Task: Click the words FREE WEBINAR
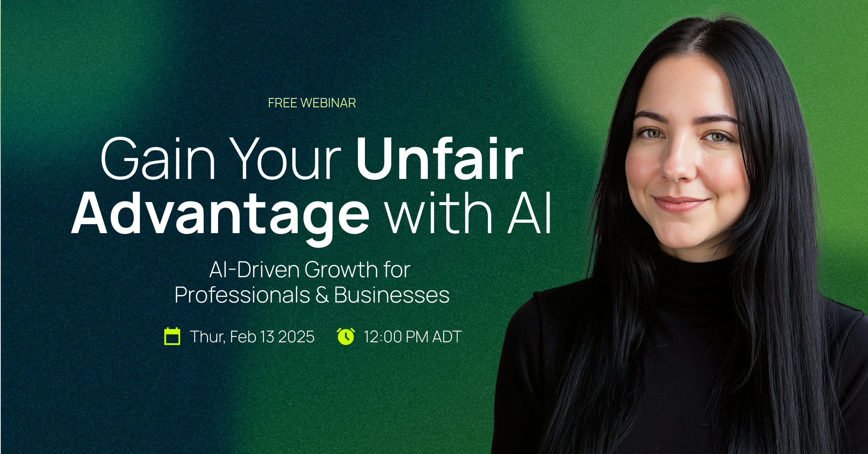point(312,103)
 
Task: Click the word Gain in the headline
point(158,159)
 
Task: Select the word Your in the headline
point(285,159)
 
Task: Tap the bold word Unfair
point(439,159)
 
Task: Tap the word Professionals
point(242,295)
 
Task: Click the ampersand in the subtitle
point(322,295)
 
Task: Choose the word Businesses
point(392,295)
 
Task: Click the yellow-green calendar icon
point(172,337)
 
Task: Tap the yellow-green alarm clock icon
point(346,337)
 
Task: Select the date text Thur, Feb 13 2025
point(252,337)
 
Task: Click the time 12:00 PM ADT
point(413,337)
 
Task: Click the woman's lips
point(680,203)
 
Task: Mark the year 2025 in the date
point(296,337)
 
